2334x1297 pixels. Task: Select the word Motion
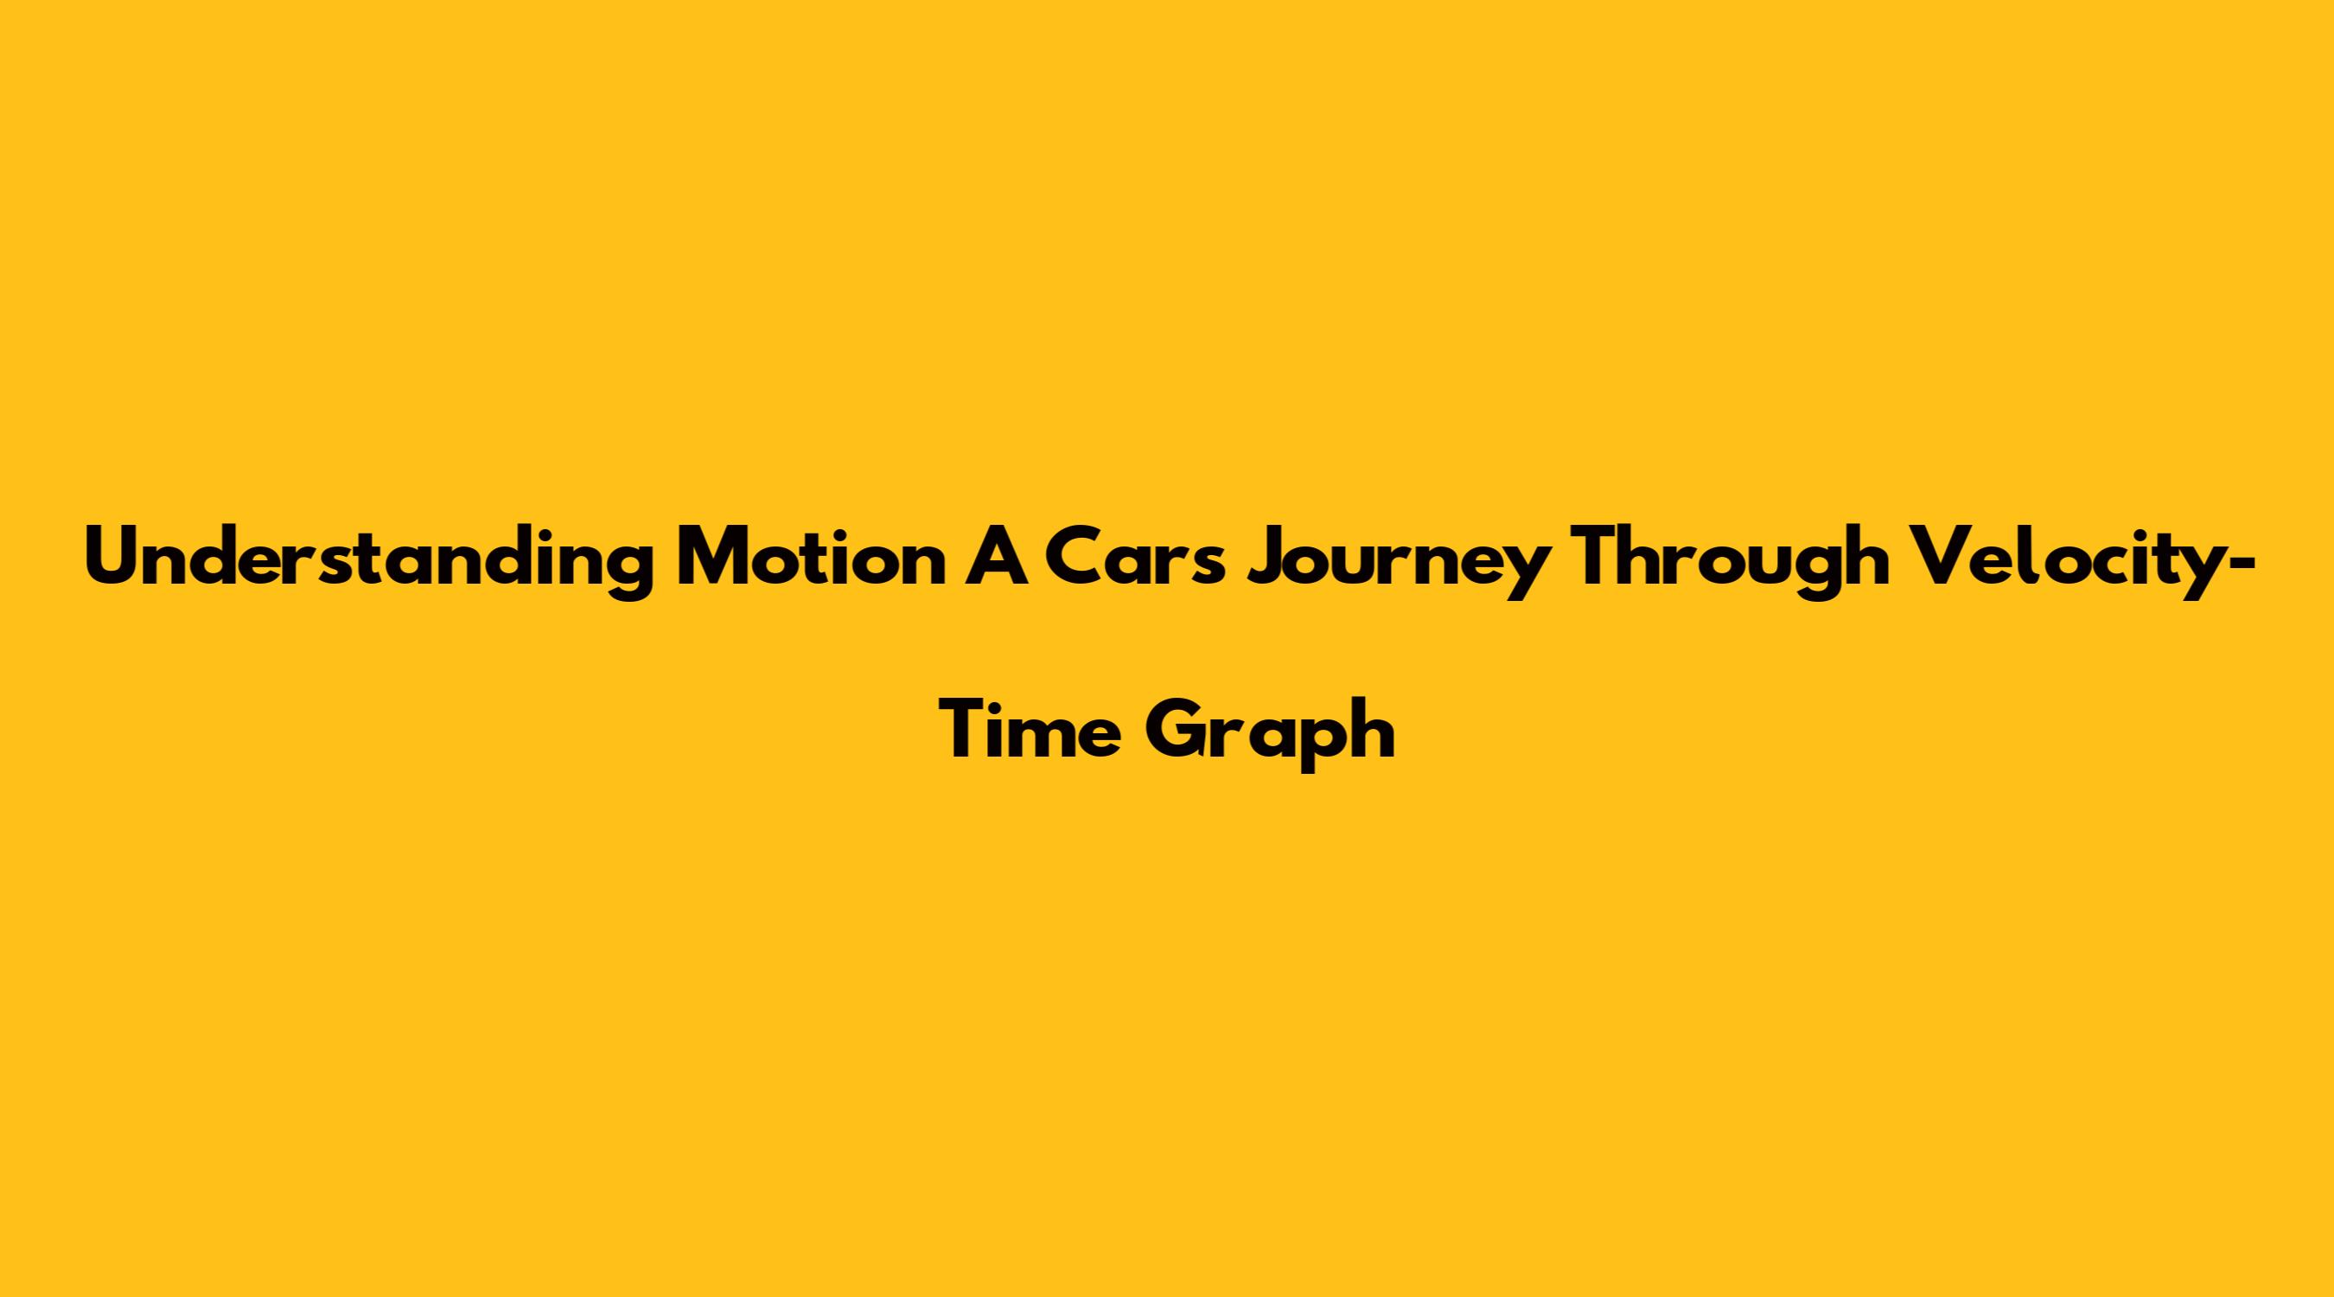point(810,555)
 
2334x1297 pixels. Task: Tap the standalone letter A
point(996,555)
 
